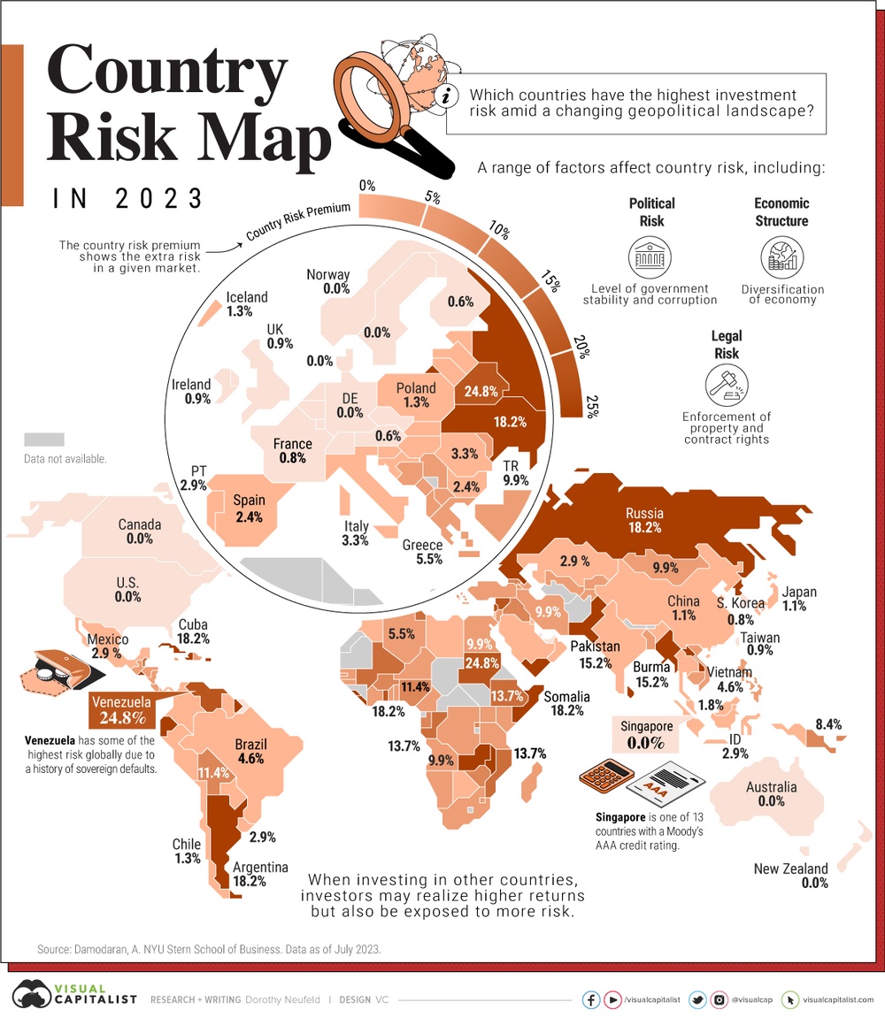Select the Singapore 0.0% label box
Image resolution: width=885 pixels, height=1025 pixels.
click(647, 735)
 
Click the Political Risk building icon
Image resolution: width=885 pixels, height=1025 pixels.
click(645, 257)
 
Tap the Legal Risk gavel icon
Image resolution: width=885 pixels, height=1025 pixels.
click(727, 385)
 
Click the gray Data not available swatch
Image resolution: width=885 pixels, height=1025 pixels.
click(44, 440)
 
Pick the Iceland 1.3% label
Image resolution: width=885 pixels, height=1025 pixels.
click(246, 304)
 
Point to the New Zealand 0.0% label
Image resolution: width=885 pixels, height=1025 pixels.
click(790, 876)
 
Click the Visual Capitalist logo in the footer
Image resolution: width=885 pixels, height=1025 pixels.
click(74, 998)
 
